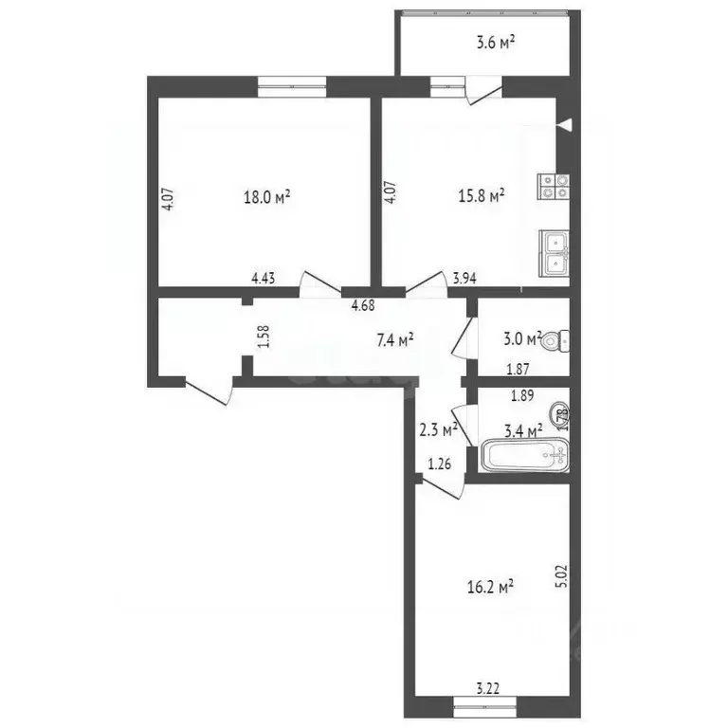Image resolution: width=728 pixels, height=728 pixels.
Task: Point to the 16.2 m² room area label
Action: point(491,587)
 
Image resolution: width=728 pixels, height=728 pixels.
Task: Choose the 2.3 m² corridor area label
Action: point(438,428)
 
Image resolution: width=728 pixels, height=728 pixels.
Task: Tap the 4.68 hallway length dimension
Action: point(363,304)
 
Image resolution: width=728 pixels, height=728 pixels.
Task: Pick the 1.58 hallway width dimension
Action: point(264,337)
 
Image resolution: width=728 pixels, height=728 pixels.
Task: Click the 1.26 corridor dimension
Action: point(438,464)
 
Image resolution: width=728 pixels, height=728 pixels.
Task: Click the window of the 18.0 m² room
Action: point(292,86)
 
